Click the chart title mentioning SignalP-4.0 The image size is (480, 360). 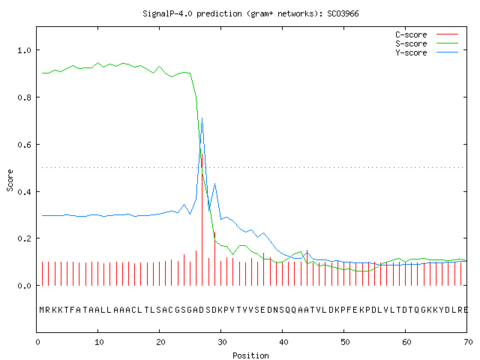click(250, 13)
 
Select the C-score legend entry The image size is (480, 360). click(427, 34)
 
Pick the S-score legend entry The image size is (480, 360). click(427, 43)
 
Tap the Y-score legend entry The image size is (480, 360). click(427, 52)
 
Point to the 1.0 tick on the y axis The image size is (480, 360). click(24, 50)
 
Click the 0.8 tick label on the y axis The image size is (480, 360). click(24, 97)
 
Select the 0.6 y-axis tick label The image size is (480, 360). click(24, 145)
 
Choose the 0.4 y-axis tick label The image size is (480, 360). click(24, 192)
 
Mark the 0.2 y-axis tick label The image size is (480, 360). click(24, 238)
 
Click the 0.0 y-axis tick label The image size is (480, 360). click(24, 286)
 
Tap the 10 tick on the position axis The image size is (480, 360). click(99, 342)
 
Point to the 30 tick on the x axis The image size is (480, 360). click(222, 342)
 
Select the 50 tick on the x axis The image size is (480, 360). click(345, 342)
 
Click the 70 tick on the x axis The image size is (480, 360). click(468, 342)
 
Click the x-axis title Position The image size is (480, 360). click(250, 355)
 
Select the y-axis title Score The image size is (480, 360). click(10, 180)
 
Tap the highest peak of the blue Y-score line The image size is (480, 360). click(202, 118)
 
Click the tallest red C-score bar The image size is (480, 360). click(202, 220)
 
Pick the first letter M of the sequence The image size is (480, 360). click(42, 310)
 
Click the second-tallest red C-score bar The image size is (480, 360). click(215, 259)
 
